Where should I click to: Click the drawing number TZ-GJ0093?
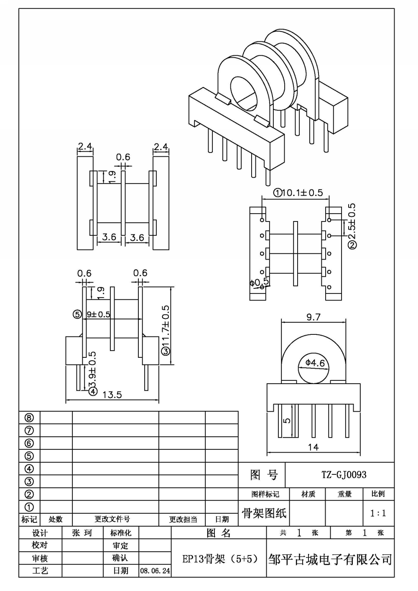[x=344, y=475]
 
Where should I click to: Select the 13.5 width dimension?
[x=112, y=395]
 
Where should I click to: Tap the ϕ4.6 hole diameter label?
[x=315, y=363]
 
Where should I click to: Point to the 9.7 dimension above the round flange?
[x=313, y=317]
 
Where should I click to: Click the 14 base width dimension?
[x=313, y=447]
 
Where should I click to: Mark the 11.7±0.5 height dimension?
[x=166, y=330]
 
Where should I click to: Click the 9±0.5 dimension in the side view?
[x=98, y=314]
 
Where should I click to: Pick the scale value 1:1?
[x=378, y=513]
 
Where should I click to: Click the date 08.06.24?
[x=155, y=571]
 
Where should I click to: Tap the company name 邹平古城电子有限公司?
[x=330, y=559]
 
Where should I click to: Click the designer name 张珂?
[x=82, y=533]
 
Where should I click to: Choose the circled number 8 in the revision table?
[x=29, y=418]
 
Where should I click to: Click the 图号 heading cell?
[x=264, y=475]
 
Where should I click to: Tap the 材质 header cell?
[x=308, y=494]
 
